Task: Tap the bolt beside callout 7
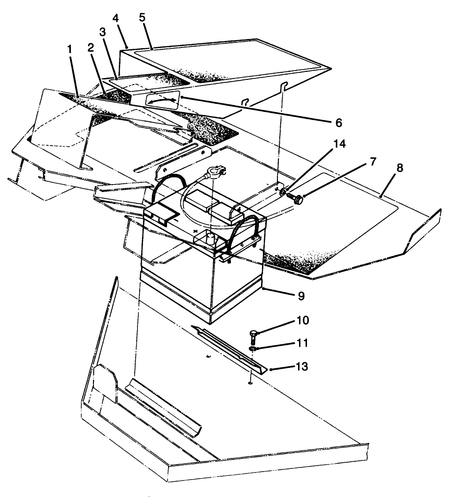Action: (x=295, y=199)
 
